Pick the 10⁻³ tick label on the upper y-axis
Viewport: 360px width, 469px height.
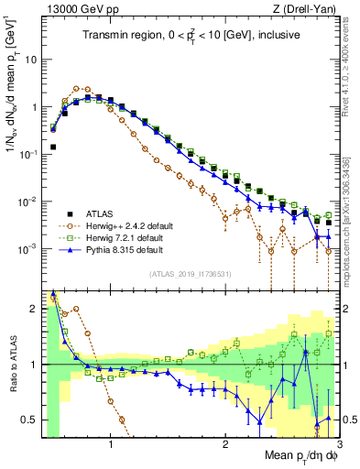click(x=29, y=249)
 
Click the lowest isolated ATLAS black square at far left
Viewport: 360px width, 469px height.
click(x=53, y=147)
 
